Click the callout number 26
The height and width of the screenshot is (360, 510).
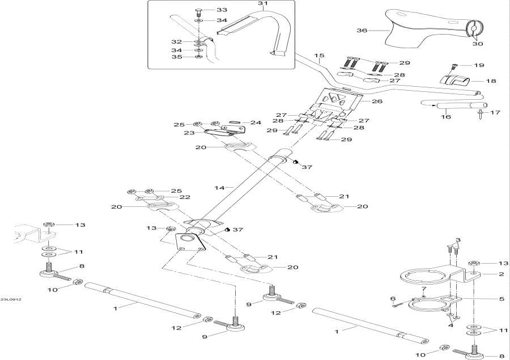[x=377, y=101]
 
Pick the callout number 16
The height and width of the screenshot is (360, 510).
[x=446, y=117]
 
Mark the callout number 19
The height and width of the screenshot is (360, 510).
[x=479, y=65]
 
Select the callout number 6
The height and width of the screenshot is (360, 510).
[x=392, y=299]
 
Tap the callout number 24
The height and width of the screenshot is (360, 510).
[x=256, y=122]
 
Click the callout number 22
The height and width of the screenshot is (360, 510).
[x=185, y=197]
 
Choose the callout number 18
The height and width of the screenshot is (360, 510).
[x=491, y=81]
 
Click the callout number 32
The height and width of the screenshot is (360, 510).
[x=177, y=42]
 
